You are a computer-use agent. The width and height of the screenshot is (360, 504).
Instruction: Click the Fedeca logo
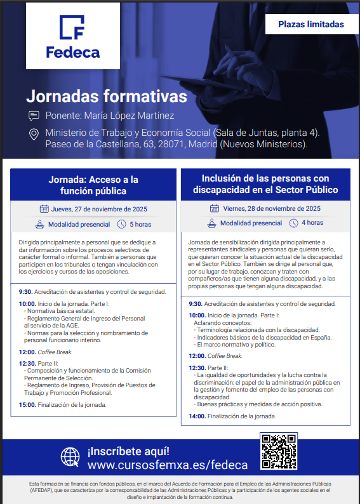pos(72,36)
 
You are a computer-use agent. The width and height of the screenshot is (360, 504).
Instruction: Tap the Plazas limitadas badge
pos(311,25)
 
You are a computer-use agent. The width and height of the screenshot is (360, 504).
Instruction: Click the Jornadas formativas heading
pos(106,96)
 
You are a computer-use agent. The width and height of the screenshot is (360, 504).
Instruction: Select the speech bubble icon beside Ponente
pos(34,116)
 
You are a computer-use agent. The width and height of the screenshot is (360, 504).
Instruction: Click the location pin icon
pos(34,134)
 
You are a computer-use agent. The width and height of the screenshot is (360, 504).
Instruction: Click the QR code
pos(278,451)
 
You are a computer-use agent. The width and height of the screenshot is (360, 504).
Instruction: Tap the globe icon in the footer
pos(70,458)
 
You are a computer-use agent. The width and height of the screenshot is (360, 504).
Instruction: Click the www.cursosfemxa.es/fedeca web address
pos(168,465)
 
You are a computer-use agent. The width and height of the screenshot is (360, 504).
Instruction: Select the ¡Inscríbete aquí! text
pos(128,451)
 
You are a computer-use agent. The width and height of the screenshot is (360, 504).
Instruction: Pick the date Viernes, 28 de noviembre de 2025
pos(272,208)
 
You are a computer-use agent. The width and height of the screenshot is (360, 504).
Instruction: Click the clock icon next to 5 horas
pos(122,224)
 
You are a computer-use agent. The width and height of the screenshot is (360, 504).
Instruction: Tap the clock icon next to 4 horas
pos(293,223)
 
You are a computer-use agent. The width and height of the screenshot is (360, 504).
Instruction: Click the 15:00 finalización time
pos(27,404)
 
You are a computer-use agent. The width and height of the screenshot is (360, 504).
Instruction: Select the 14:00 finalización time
pos(197,416)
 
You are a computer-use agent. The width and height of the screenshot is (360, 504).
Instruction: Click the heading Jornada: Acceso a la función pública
pos(93,185)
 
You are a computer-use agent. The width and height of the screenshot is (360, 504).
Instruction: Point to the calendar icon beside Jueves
pos(44,208)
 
